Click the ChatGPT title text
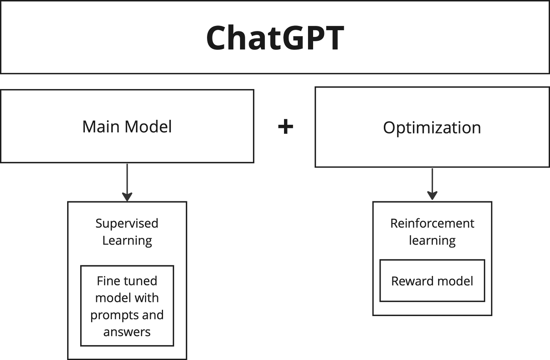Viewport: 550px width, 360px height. click(x=275, y=38)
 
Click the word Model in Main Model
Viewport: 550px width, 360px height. click(x=148, y=127)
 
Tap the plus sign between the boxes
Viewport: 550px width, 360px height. click(x=286, y=127)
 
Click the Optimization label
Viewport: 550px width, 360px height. click(x=432, y=128)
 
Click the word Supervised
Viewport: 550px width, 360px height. click(x=127, y=223)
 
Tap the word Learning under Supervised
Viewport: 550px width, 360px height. click(x=127, y=240)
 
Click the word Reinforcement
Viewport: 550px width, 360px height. click(x=432, y=223)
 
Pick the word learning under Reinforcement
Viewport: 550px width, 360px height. click(x=432, y=240)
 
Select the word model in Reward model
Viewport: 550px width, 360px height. click(x=455, y=281)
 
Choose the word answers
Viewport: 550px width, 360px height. click(x=127, y=332)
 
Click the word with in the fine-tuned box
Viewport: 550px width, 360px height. click(x=145, y=298)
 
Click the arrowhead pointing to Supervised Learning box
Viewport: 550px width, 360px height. click(x=127, y=196)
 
